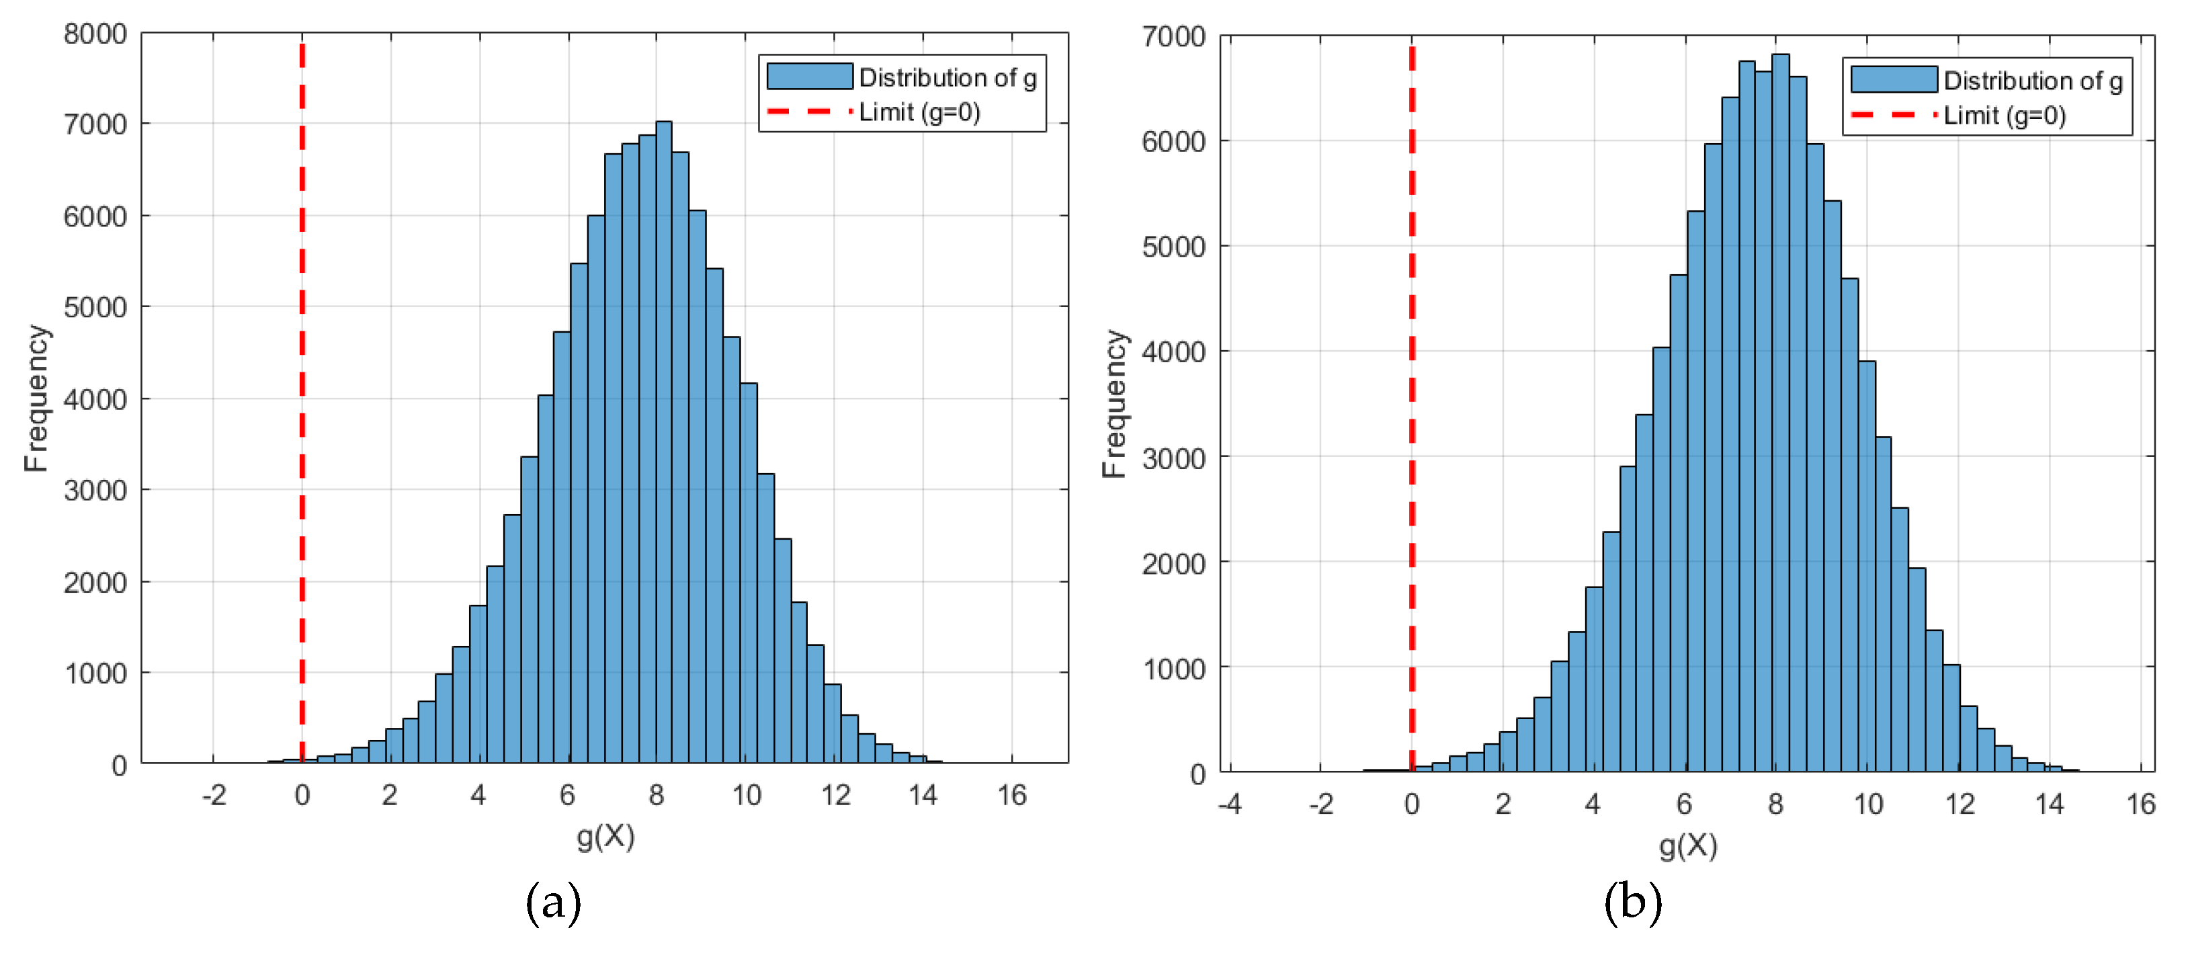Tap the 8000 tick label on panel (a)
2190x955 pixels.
(x=95, y=34)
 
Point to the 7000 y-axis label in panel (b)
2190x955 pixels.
(x=1173, y=36)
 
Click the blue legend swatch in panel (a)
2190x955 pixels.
(x=809, y=77)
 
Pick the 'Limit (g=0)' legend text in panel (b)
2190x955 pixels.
(x=2005, y=116)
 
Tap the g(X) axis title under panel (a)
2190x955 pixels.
(x=605, y=837)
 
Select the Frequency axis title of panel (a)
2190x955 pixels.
(x=36, y=398)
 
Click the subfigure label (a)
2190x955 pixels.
(x=554, y=903)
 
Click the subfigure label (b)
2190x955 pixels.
(x=1632, y=903)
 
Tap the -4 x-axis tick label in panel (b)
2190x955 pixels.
(x=1230, y=804)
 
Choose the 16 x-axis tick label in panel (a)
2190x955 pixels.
(x=1012, y=796)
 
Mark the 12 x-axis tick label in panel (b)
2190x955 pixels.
(x=1960, y=804)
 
